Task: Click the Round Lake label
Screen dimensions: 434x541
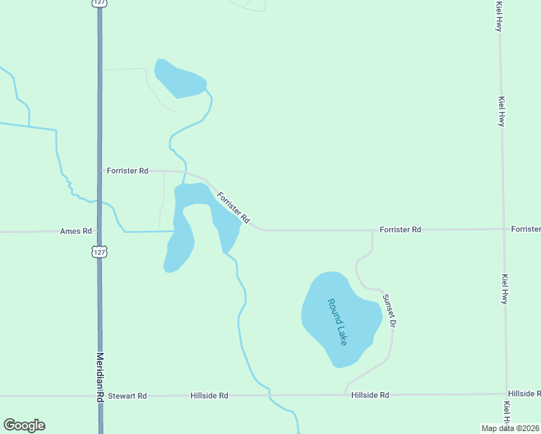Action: [x=337, y=321]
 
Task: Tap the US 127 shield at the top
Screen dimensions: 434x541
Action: [x=99, y=3]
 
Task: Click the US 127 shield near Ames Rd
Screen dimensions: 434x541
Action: [x=100, y=251]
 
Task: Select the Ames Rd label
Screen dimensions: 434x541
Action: [x=76, y=231]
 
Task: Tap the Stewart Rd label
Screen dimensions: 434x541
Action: [x=127, y=396]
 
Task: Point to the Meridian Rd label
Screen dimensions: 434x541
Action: [x=100, y=376]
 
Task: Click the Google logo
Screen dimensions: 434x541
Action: [x=24, y=425]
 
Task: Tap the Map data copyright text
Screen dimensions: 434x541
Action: [x=511, y=428]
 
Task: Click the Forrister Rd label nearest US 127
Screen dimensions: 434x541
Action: [x=127, y=171]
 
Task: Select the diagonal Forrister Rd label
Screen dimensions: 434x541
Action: [x=233, y=207]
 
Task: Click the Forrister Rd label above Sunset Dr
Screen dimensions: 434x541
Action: [x=400, y=229]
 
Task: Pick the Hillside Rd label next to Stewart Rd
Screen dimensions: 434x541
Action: [x=209, y=396]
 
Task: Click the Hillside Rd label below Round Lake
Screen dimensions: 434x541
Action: [x=370, y=395]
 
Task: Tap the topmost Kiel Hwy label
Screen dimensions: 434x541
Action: [x=499, y=16]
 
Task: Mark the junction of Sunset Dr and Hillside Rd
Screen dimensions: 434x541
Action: [x=346, y=394]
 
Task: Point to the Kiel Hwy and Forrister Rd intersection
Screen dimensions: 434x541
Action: [x=503, y=229]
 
